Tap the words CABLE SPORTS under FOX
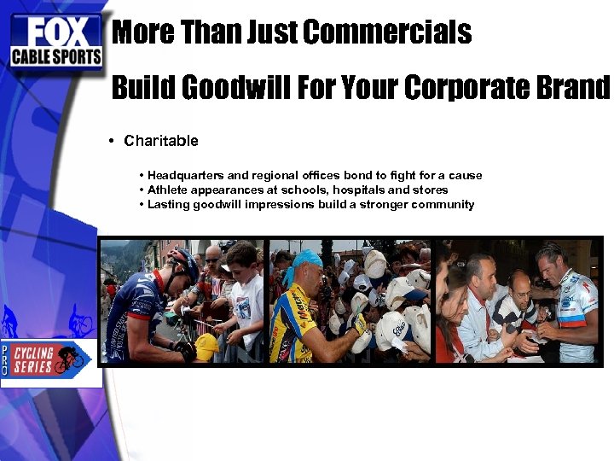click(56, 57)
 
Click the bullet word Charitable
click(161, 141)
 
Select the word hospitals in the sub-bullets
click(360, 190)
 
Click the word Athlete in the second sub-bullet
click(167, 190)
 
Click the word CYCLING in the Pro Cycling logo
click(33, 353)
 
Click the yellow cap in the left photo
click(207, 346)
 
